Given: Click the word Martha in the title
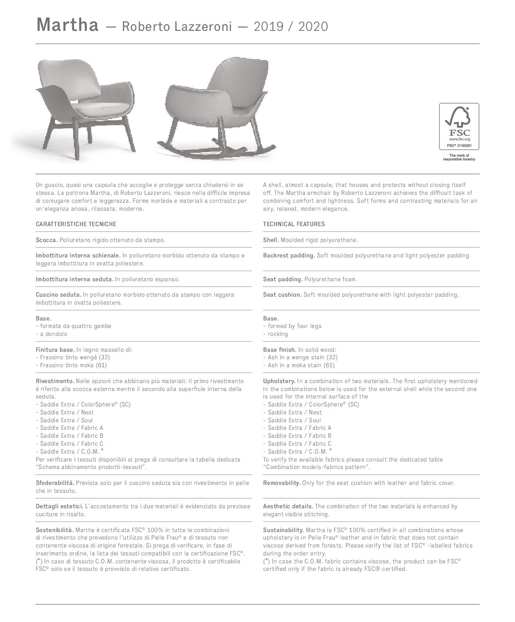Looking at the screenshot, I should point(67,25).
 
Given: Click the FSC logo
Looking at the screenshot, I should point(459,126).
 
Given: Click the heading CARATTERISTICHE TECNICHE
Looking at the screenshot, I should point(76,224).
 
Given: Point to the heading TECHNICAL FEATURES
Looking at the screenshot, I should point(294,224).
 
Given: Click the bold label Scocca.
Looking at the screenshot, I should point(46,240).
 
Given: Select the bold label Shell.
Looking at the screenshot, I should point(270,240).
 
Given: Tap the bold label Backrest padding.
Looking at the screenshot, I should point(289,255).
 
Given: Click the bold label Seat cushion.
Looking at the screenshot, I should point(282,294).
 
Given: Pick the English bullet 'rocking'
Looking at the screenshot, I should point(278,334).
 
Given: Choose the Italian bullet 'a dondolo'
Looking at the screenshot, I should point(53,334).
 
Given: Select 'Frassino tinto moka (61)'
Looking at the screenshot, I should point(73,365).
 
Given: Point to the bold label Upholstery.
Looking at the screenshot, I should point(279,381).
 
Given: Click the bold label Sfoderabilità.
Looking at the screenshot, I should point(55,483).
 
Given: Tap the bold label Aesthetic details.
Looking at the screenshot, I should point(288,506).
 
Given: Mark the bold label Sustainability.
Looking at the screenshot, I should point(283,530).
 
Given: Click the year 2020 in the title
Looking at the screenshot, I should point(313,27).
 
